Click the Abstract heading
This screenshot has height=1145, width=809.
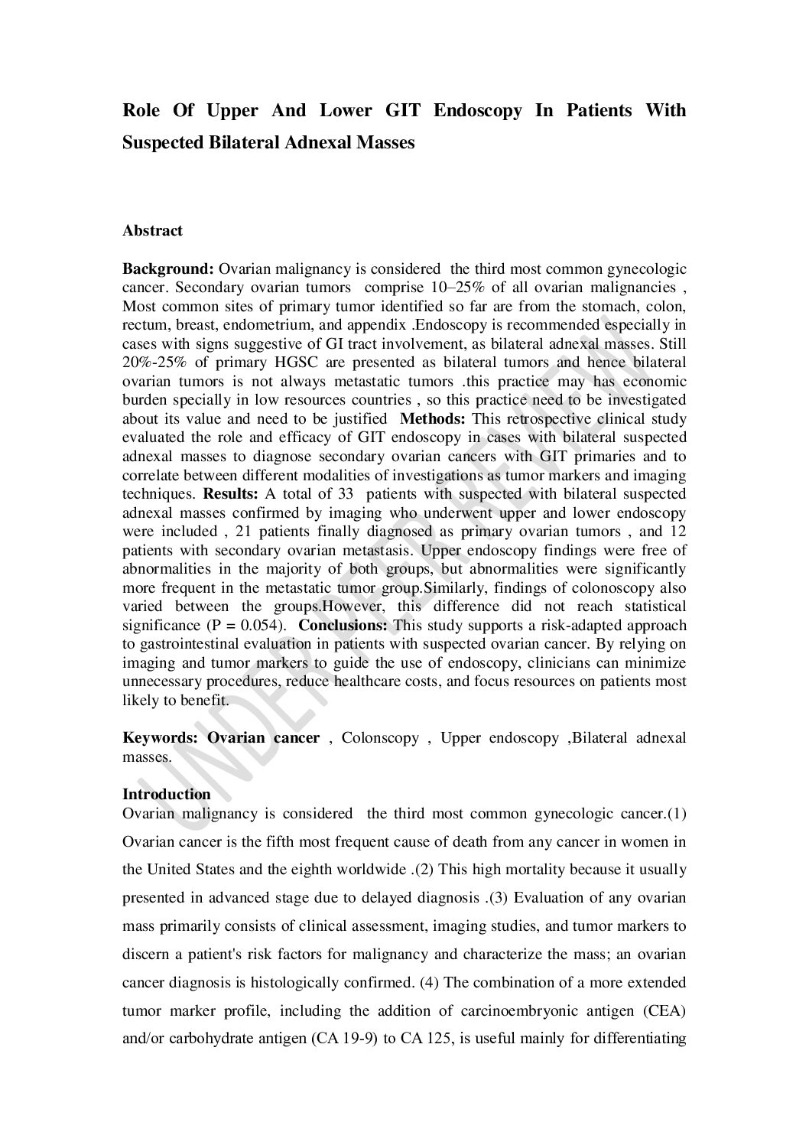coord(152,231)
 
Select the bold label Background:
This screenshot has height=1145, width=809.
coord(168,269)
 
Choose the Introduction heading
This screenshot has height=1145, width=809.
coord(166,795)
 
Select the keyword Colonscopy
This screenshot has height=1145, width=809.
coord(379,738)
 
